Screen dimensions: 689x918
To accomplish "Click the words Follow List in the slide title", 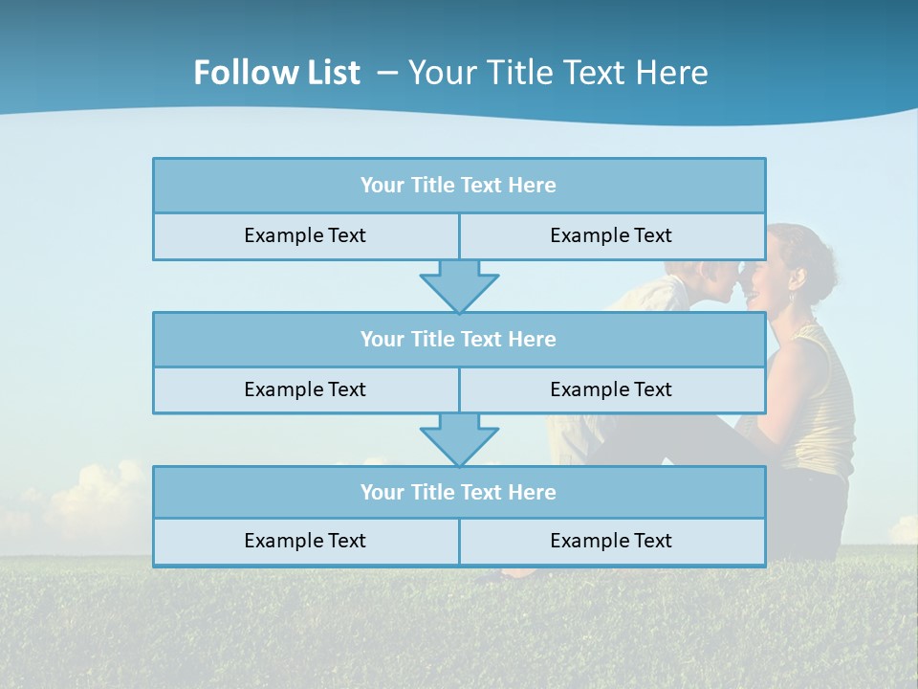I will click(x=276, y=73).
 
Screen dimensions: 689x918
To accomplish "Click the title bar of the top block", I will click(x=458, y=185).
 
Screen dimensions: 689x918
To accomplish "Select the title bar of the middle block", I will click(x=458, y=339).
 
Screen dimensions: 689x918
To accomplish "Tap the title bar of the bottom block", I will click(x=458, y=492).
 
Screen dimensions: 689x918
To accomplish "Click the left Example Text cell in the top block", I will click(x=305, y=235).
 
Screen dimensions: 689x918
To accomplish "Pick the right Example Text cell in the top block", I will click(x=611, y=235).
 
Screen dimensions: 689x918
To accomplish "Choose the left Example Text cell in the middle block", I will click(x=305, y=389).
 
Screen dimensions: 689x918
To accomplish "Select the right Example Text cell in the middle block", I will click(x=611, y=389).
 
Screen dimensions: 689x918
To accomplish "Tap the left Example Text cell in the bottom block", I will click(x=305, y=541).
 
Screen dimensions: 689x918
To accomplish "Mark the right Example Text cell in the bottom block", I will click(x=611, y=541).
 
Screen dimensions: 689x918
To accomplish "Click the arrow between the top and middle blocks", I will click(x=459, y=285).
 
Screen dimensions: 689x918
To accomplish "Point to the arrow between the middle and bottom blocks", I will click(x=459, y=439).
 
